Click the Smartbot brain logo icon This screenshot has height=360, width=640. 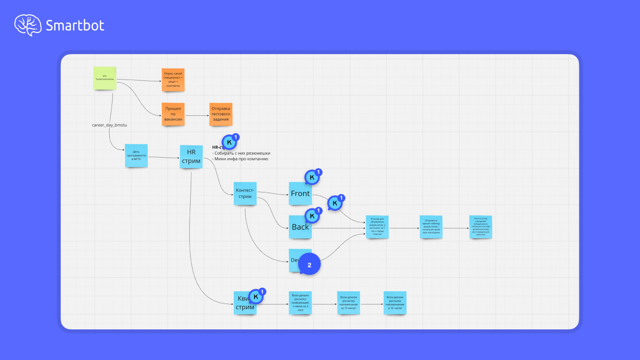coord(28,25)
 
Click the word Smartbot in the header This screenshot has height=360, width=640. coord(75,25)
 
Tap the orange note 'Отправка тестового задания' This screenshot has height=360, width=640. coord(221,114)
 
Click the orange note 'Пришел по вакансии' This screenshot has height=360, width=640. coord(173,114)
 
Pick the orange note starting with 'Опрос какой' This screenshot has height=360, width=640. coord(173,80)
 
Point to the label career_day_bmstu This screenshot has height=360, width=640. coord(110,125)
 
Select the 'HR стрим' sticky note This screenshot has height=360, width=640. coord(191,157)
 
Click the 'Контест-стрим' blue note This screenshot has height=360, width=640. coord(245,193)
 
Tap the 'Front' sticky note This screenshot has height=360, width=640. coord(300,193)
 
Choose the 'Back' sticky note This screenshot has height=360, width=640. coord(300,227)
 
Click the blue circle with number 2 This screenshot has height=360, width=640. coord(309,265)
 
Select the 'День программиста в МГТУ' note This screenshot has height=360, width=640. coord(136,155)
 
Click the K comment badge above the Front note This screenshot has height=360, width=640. coord(312,177)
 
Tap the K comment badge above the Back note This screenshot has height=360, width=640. coord(312,216)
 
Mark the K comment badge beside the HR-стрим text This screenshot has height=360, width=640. coord(230,142)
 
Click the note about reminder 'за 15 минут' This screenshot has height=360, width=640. coord(349,303)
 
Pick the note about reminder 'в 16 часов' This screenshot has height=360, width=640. coord(395,303)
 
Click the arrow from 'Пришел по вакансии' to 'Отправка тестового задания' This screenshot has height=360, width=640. coord(197,115)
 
